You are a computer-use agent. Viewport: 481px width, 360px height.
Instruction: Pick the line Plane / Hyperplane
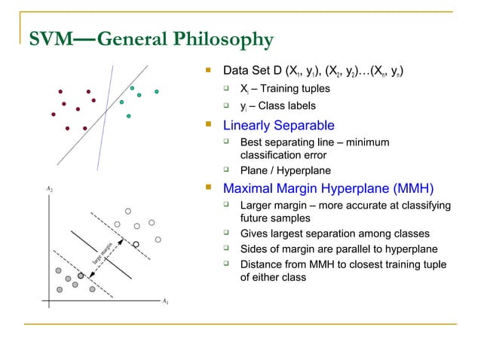[x=284, y=170]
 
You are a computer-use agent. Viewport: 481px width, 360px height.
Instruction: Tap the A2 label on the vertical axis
[x=48, y=189]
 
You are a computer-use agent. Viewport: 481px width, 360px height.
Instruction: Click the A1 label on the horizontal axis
[x=165, y=301]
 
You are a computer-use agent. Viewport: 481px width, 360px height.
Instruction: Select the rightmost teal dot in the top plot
[x=157, y=92]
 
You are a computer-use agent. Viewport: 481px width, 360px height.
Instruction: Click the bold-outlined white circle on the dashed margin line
[x=136, y=243]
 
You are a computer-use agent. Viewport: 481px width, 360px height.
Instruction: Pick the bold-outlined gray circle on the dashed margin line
[x=81, y=276]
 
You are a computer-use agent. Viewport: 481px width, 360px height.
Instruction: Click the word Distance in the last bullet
[x=259, y=265]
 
